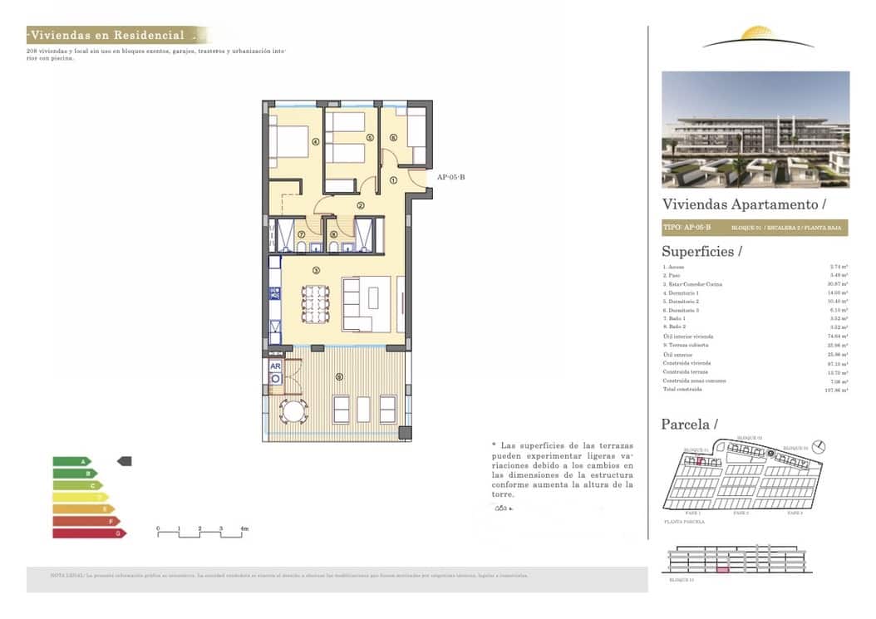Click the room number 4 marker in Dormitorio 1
pos(316,141)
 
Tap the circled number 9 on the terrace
pos(338,376)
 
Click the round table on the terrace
pos(293,410)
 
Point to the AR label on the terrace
pos(275,366)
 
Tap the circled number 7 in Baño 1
pos(301,234)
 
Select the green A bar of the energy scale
pos(72,461)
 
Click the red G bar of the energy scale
pos(88,533)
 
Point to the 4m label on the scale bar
pos(244,528)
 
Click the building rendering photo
pos(755,129)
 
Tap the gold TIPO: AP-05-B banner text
pos(687,227)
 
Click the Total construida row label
pos(682,389)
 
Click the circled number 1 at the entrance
pos(393,179)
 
